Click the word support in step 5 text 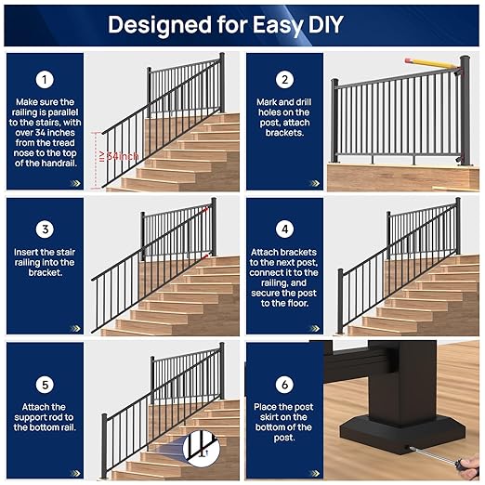[45, 417]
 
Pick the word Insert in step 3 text [29, 252]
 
